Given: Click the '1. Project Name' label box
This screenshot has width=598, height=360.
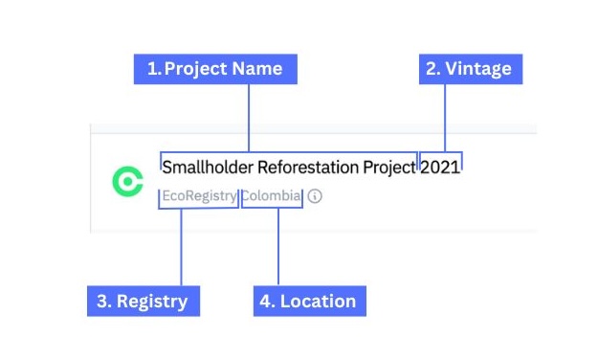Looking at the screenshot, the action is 215,69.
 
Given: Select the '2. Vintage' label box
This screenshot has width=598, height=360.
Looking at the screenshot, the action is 471,69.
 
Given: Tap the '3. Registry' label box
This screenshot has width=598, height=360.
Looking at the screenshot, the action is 144,301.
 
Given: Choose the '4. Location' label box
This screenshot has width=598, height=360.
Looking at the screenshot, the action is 310,301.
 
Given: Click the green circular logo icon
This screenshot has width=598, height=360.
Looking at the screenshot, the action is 128,181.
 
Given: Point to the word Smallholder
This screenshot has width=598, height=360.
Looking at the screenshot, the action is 208,168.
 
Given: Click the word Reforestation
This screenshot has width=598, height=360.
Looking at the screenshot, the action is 308,168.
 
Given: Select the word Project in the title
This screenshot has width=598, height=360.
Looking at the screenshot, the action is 389,168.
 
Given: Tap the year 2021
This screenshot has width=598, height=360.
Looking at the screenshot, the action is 440,168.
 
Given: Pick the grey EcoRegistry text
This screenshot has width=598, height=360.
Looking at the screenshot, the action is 199,196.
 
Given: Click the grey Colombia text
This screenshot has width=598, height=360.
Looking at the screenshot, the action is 271,196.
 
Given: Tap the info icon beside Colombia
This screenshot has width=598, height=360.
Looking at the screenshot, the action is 315,196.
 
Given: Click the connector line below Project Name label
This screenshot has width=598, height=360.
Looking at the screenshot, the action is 249,118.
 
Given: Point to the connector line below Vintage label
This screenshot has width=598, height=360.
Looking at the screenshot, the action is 445,118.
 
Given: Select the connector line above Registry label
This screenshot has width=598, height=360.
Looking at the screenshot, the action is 181,247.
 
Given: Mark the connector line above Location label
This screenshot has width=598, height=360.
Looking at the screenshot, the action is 278,247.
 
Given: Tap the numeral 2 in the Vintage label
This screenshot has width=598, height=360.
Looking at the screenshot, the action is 432,69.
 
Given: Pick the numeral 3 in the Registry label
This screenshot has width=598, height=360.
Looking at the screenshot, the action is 102,301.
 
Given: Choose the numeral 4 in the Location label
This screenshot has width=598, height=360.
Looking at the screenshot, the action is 266,301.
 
